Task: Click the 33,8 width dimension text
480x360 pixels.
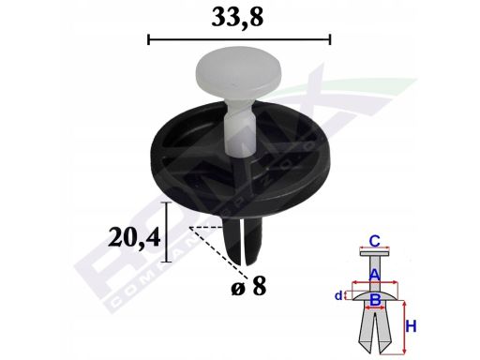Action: [239, 17]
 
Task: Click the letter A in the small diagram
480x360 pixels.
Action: [373, 274]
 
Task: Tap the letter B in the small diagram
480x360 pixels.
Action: [374, 299]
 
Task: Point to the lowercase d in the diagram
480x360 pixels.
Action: [338, 296]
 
